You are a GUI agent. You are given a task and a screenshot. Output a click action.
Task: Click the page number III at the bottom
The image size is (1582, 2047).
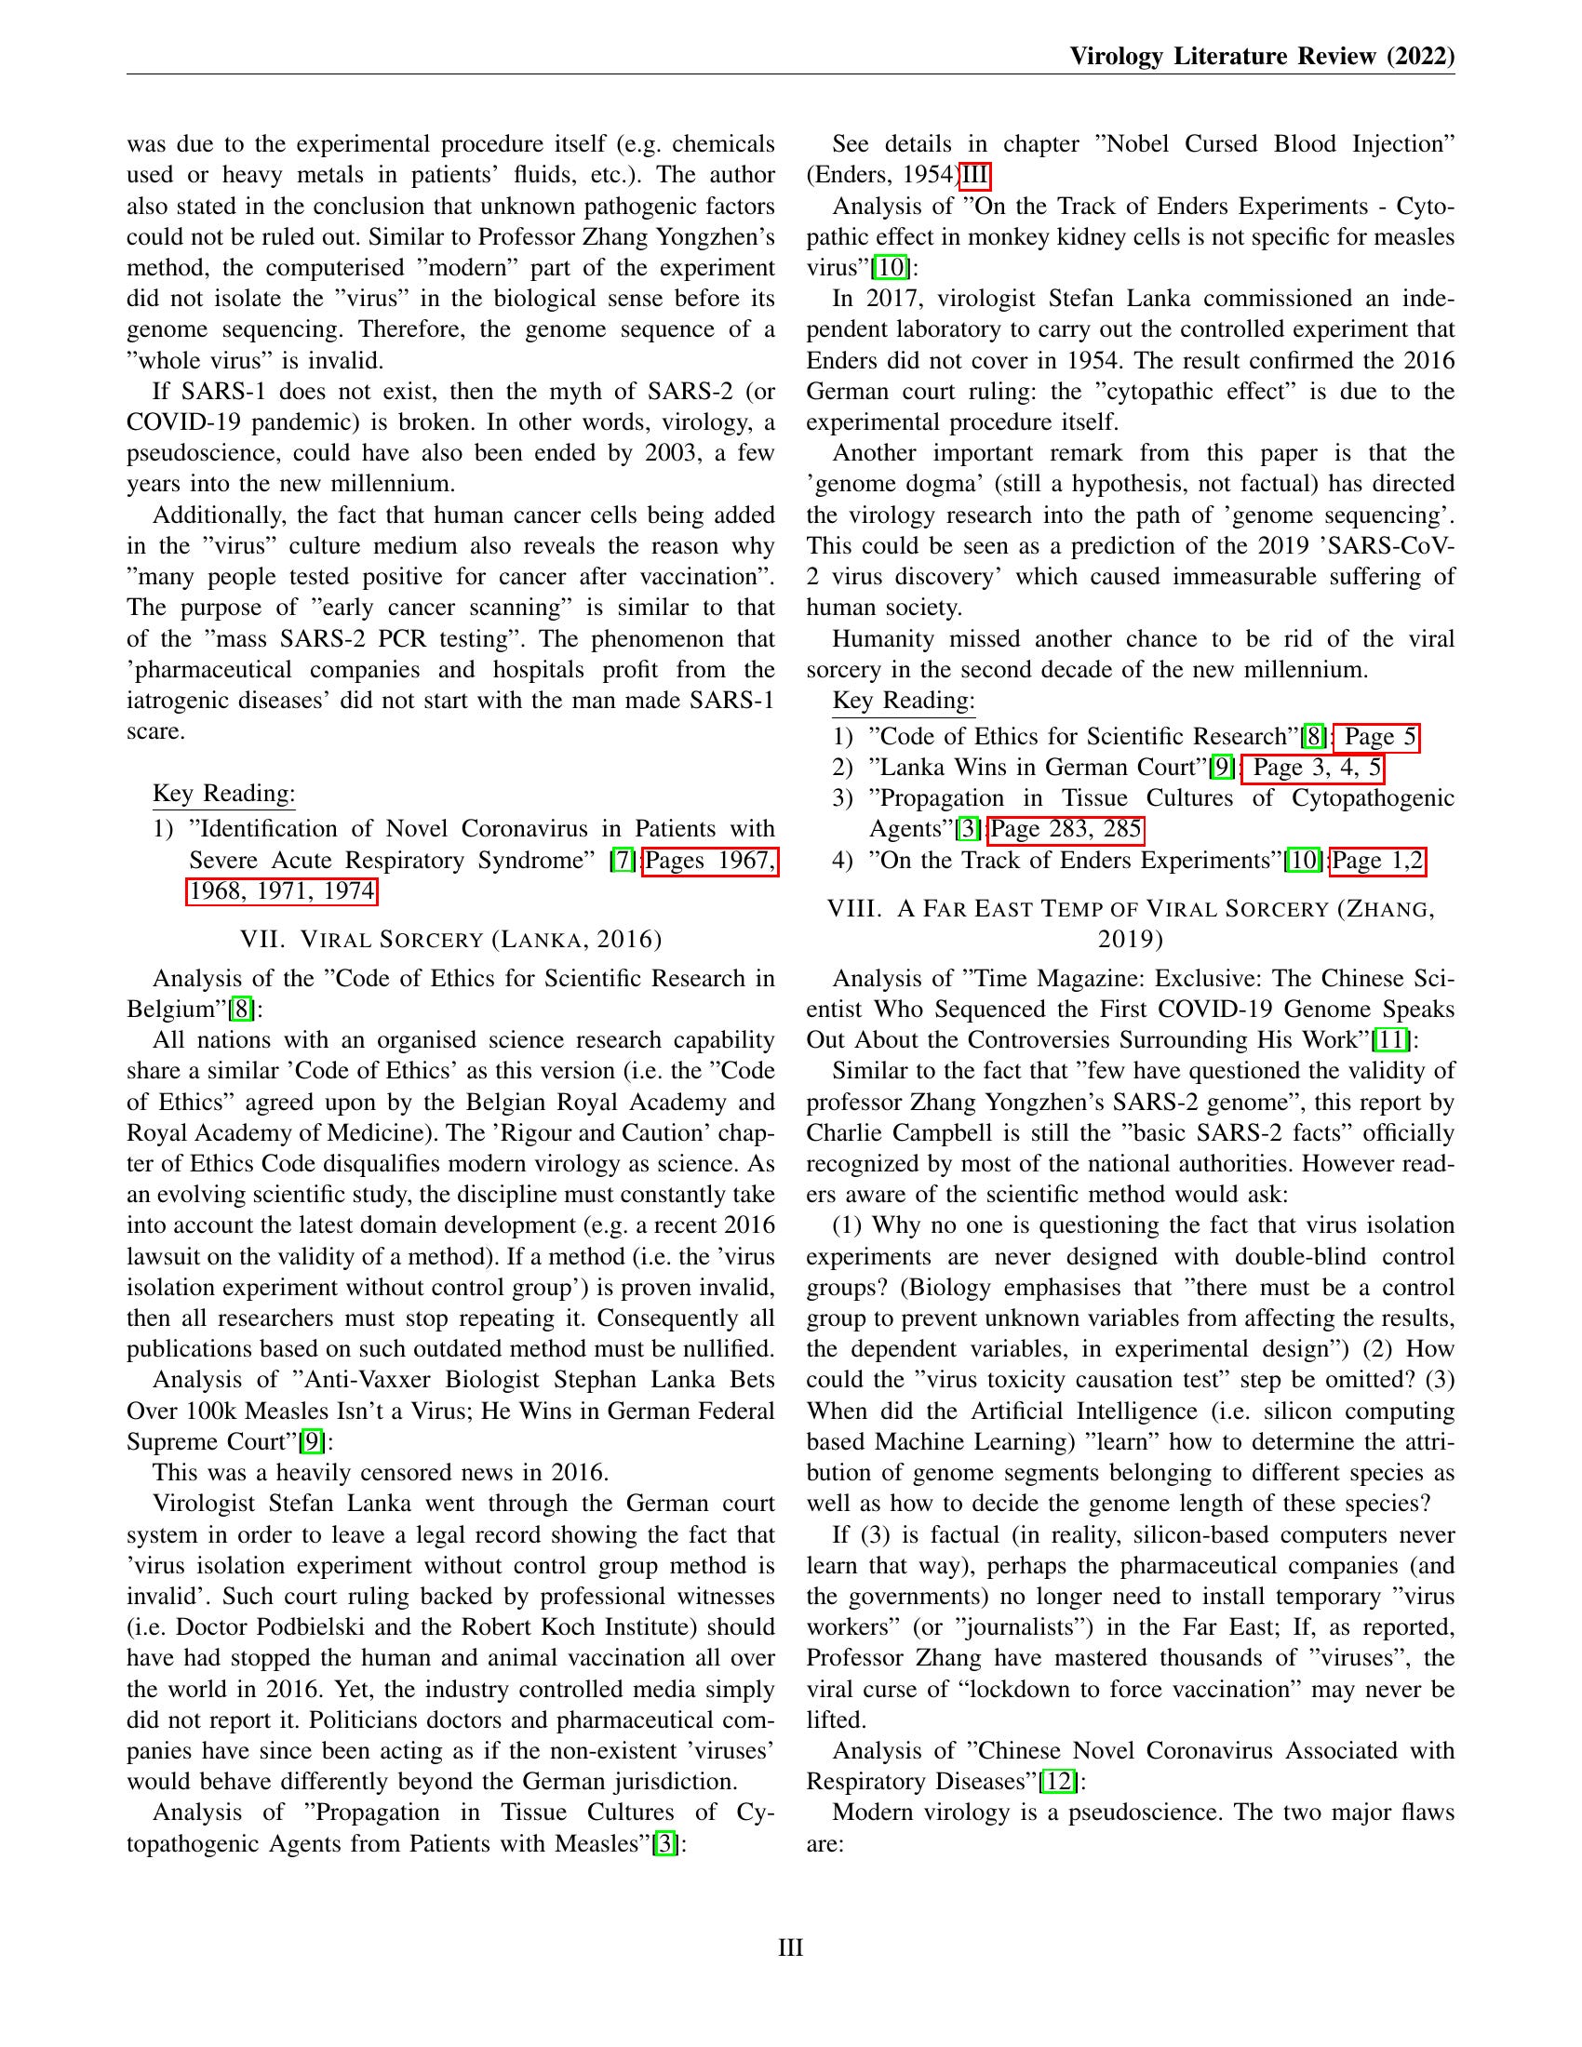pos(790,1947)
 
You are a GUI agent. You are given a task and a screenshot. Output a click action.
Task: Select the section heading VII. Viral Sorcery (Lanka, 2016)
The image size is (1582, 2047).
pos(450,939)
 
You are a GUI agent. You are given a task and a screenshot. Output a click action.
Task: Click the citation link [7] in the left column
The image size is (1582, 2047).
pos(623,861)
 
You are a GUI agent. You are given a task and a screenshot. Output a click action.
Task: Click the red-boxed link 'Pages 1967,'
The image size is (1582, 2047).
pos(710,861)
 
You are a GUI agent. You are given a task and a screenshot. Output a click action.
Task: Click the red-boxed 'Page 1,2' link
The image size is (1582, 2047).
pos(1376,861)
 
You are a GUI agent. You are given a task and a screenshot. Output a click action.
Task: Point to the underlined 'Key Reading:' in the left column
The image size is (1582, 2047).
pos(224,794)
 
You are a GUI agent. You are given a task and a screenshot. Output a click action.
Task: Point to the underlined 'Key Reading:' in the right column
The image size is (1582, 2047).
pos(904,701)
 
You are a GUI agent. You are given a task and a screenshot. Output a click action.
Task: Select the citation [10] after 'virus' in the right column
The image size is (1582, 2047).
pos(891,268)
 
